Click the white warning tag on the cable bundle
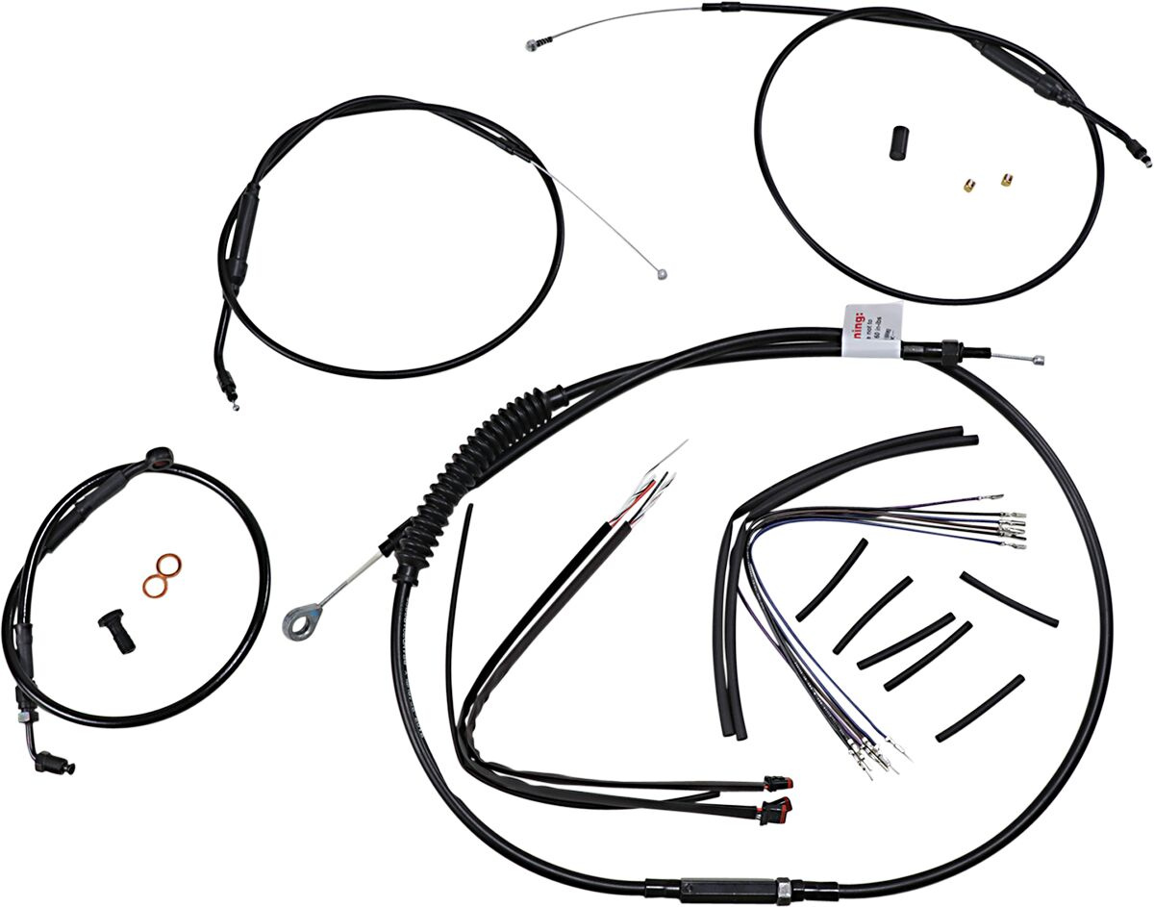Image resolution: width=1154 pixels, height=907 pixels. point(871,331)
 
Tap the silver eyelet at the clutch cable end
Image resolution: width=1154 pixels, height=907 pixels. point(299,619)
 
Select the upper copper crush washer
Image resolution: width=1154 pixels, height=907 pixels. point(170,565)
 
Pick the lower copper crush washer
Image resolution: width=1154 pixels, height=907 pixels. point(154,583)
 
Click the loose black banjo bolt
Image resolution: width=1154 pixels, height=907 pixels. point(113,633)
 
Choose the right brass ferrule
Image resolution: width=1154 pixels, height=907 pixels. point(1006,179)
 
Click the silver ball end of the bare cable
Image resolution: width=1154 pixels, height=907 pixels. point(661,274)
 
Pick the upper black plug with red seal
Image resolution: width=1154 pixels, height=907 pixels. point(775,780)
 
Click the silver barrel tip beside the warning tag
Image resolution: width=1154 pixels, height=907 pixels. point(1036,361)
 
